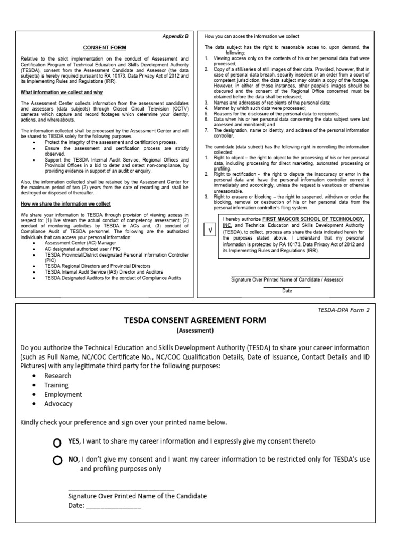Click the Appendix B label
point(176,37)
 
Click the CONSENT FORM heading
point(105,48)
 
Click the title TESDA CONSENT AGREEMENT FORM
point(195,321)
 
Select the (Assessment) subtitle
point(195,330)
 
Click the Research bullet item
point(58,376)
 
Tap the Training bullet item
point(56,385)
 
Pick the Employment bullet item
point(63,394)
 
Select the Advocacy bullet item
point(58,404)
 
